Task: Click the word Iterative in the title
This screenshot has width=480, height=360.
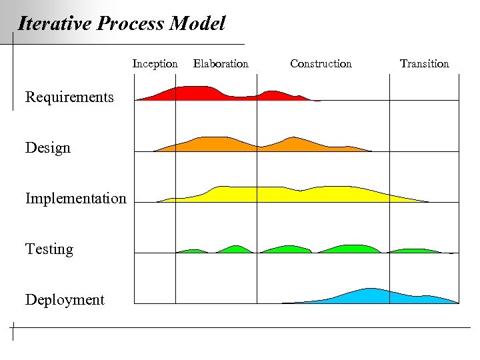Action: pos(55,25)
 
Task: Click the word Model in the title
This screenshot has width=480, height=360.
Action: pos(197,25)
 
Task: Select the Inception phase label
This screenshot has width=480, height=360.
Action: pos(155,64)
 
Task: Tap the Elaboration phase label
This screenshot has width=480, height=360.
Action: pos(221,64)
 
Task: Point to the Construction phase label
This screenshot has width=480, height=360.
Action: pos(321,64)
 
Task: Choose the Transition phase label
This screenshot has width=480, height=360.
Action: pos(425,64)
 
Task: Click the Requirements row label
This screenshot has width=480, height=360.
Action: pos(69,97)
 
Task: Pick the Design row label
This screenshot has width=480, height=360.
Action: pos(48,148)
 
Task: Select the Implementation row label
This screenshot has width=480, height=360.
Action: pos(75,199)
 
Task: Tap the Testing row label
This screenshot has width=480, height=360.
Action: pos(49,249)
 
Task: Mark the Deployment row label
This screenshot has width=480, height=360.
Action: pos(65,300)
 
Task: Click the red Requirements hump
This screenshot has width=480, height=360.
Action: pos(193,93)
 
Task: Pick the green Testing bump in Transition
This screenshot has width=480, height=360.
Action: pos(413,251)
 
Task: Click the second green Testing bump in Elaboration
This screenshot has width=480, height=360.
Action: pos(235,249)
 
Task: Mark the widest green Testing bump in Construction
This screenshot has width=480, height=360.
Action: pos(350,249)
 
